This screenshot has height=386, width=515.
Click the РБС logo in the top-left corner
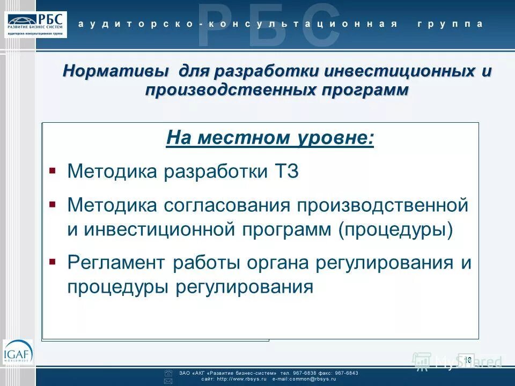click(37, 24)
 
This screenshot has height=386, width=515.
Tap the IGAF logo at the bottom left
click(17, 352)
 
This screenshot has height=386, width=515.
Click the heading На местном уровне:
click(270, 138)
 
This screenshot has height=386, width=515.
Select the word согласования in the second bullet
click(218, 205)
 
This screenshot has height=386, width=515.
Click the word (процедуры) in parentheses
click(395, 229)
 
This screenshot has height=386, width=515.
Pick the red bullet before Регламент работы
click(52, 262)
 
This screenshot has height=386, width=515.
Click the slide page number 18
click(467, 359)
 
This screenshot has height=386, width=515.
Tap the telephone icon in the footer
click(168, 373)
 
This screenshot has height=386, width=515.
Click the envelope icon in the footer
click(168, 380)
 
